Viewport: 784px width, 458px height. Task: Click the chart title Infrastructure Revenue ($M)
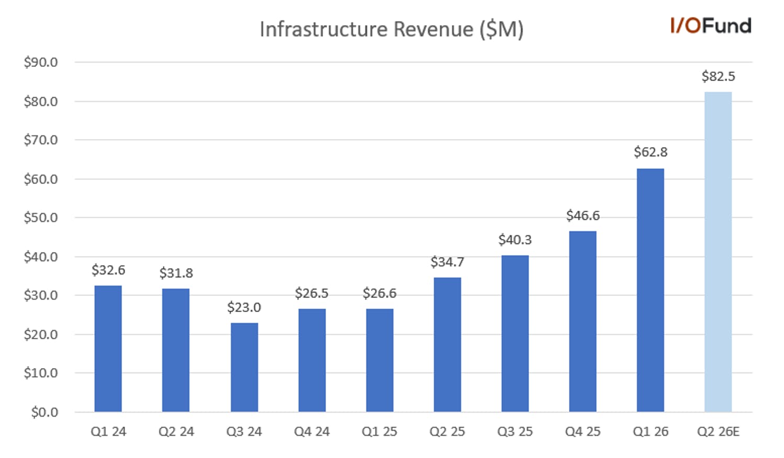click(x=391, y=29)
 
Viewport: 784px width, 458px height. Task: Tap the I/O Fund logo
click(x=711, y=26)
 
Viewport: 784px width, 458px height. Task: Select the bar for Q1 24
click(x=108, y=349)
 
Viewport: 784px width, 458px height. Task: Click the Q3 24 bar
click(x=244, y=367)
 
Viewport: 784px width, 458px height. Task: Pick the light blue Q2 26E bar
click(x=718, y=251)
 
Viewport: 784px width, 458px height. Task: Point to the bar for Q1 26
click(x=651, y=290)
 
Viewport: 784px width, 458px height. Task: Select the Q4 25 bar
click(x=583, y=322)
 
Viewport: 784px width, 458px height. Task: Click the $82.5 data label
click(x=718, y=76)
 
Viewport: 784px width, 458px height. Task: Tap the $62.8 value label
click(x=651, y=152)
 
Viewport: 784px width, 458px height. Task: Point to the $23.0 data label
click(x=244, y=307)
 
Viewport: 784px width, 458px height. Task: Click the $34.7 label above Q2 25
click(x=447, y=262)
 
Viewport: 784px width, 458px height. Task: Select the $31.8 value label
click(x=176, y=273)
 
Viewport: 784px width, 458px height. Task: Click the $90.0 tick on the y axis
click(x=41, y=62)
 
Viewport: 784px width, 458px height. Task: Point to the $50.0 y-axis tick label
click(x=41, y=217)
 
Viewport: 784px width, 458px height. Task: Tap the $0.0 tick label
click(x=44, y=412)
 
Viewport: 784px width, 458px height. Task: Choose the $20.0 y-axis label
click(x=41, y=335)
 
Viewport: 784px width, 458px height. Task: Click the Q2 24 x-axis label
click(x=176, y=432)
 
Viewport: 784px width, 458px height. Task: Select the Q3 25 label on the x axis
click(x=515, y=432)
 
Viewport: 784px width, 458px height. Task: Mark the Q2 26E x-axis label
click(x=718, y=432)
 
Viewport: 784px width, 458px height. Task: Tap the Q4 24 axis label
click(x=312, y=432)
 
